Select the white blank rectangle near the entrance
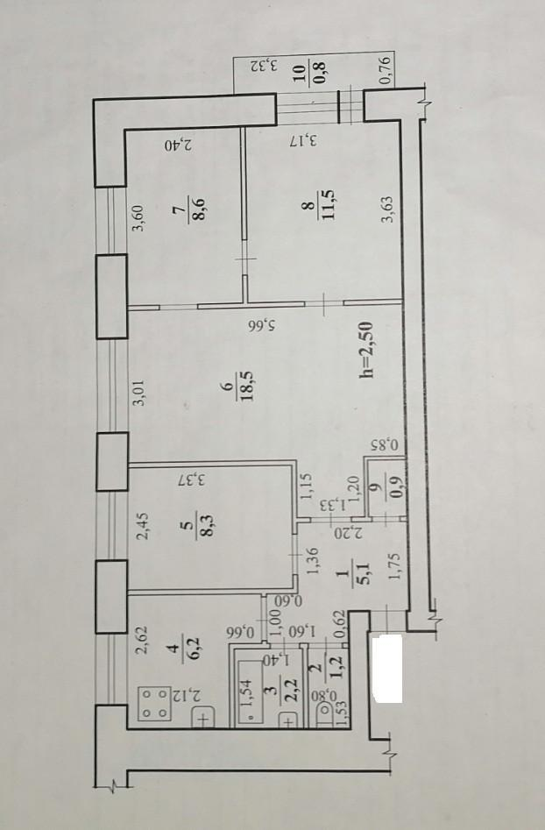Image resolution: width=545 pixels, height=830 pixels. tap(386, 669)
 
